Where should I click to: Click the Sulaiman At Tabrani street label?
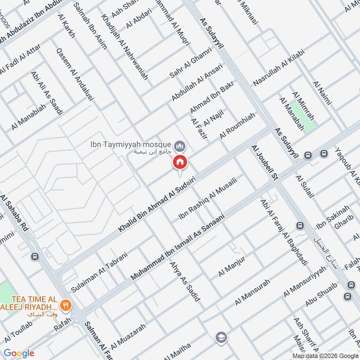pyautogui.click(x=99, y=269)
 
